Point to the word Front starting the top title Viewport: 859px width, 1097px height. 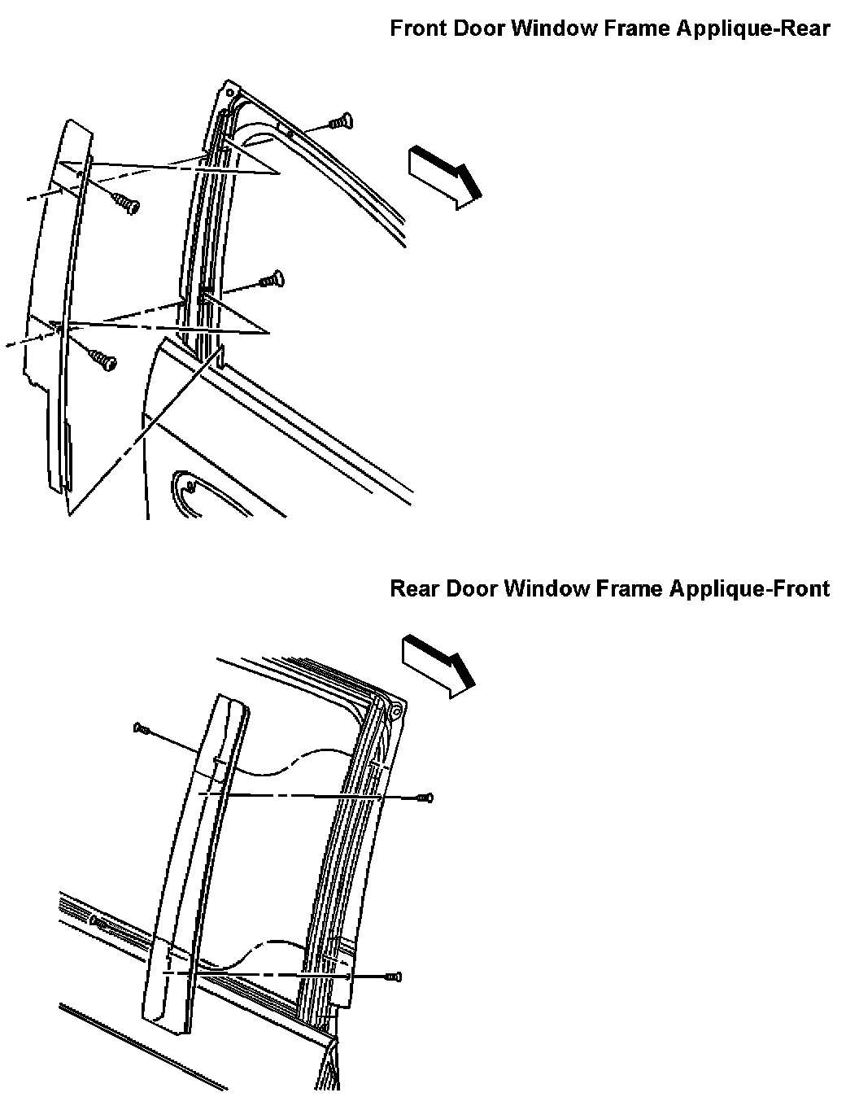[x=416, y=28]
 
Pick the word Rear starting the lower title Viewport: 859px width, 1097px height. [x=414, y=588]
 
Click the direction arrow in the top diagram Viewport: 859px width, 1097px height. [x=443, y=176]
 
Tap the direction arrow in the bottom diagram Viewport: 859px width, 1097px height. [x=438, y=663]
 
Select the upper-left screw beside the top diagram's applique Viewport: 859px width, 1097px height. [x=126, y=203]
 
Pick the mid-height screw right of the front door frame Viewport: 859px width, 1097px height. [x=271, y=279]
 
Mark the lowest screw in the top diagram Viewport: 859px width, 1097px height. [x=103, y=359]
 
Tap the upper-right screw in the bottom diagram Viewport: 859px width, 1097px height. [x=425, y=798]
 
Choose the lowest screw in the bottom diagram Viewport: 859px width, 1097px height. [x=395, y=976]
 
